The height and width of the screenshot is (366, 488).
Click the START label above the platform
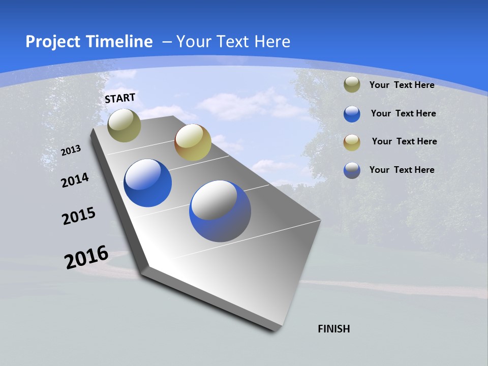(x=120, y=98)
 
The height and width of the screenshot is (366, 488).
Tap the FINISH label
(x=334, y=329)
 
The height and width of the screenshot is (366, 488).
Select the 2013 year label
(x=71, y=150)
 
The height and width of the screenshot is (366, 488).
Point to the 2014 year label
(x=75, y=180)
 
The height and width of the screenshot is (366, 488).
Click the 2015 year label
(x=79, y=216)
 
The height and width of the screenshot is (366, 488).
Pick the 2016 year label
(x=86, y=257)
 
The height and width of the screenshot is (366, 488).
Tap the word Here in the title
(x=272, y=42)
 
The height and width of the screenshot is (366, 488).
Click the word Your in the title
(x=193, y=42)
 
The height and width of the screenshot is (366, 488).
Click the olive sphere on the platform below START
(x=125, y=125)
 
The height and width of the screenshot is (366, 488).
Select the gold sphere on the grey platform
(x=193, y=142)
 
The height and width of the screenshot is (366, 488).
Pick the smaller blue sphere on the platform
(x=148, y=183)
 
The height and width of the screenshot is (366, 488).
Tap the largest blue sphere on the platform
(x=220, y=211)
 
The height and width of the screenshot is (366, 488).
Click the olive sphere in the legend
(x=352, y=85)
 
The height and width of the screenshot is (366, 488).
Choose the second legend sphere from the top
(x=352, y=114)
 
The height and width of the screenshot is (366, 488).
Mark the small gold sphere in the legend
(x=352, y=142)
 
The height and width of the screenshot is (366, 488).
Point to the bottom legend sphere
(x=352, y=170)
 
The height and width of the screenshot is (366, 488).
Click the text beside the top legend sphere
(x=402, y=85)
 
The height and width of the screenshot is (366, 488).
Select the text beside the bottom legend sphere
(x=402, y=170)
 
